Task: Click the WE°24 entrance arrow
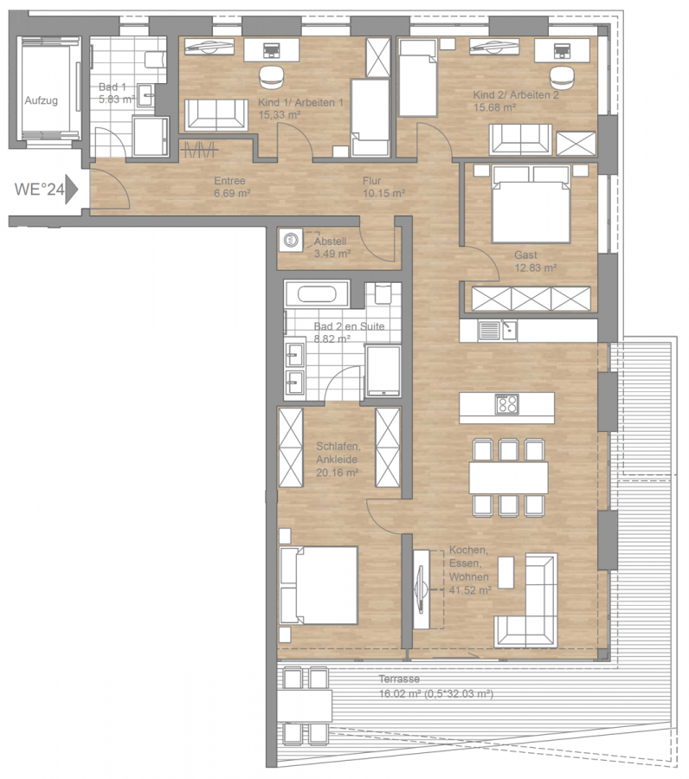72,189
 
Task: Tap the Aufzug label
42,100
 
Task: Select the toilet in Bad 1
155,60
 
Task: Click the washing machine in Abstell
291,241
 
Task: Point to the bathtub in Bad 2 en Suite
317,294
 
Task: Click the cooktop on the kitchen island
506,404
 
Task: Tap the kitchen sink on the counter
497,330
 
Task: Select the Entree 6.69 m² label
232,187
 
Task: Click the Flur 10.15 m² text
383,187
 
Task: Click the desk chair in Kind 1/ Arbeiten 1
271,76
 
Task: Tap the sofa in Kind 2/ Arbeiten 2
520,138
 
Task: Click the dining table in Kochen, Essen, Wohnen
509,478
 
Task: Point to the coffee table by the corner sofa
505,572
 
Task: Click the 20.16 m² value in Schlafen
338,473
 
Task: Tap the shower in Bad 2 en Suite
383,370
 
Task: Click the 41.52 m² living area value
470,590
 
